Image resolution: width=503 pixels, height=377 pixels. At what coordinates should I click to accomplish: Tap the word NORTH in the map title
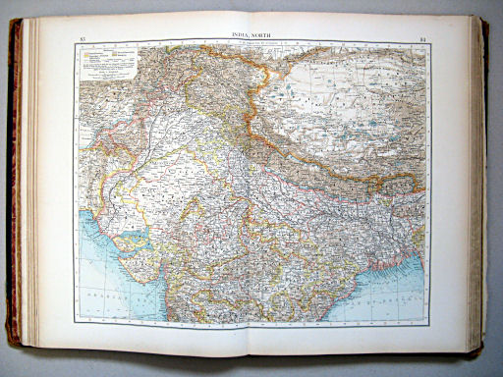(264, 35)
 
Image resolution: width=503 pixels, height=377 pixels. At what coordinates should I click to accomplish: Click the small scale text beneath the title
(251, 44)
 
